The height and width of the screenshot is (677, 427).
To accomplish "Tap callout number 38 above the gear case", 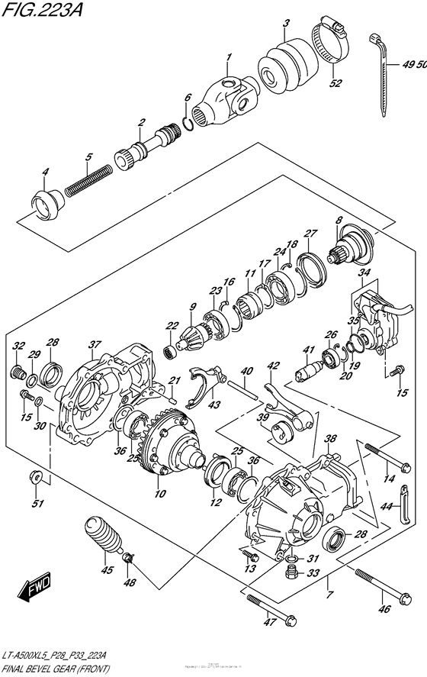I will [329, 440].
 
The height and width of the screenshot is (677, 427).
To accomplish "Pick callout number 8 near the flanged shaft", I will [338, 221].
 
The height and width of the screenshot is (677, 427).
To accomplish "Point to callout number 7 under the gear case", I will [329, 595].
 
